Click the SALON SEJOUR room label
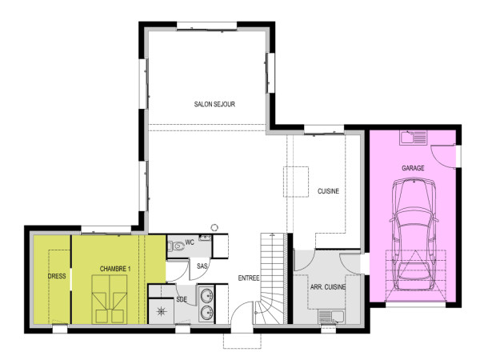(214, 104)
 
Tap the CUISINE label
(328, 191)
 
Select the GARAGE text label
(413, 168)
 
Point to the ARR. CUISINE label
(327, 286)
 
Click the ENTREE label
(247, 278)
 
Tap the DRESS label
(57, 276)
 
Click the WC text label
(190, 242)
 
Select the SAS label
(202, 266)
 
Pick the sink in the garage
(416, 138)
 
